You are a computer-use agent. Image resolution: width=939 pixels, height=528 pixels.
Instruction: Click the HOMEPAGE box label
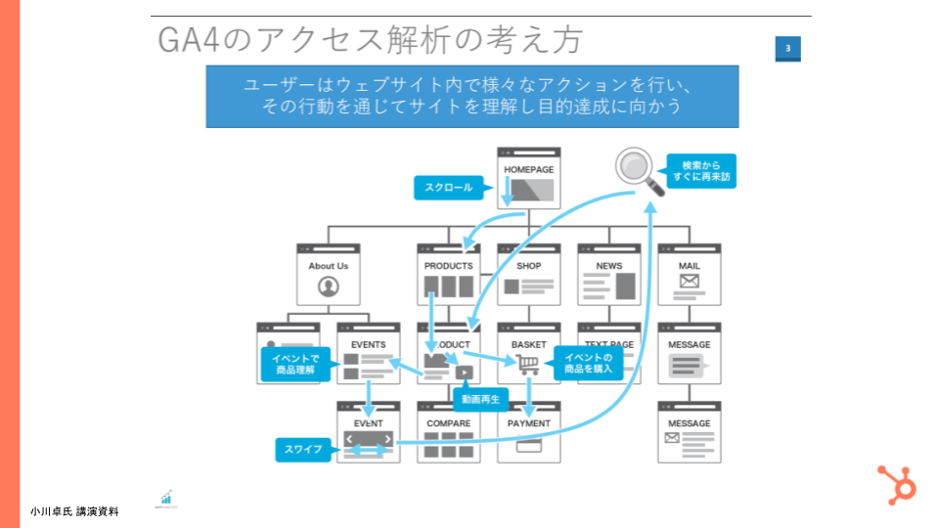pyautogui.click(x=529, y=169)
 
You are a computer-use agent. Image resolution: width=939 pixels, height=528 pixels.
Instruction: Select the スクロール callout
pyautogui.click(x=449, y=187)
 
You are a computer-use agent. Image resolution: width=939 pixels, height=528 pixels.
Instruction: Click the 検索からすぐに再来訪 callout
pyautogui.click(x=701, y=171)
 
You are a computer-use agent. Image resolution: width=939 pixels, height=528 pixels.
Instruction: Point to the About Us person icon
pyautogui.click(x=328, y=286)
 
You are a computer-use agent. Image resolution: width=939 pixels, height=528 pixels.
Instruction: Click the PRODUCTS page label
pyautogui.click(x=448, y=266)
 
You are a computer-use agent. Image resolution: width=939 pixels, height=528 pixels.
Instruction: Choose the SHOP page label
pyautogui.click(x=529, y=266)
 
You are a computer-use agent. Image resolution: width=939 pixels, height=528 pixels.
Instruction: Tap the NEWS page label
pyautogui.click(x=609, y=266)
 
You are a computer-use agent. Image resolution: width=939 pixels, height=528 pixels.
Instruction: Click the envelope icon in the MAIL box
pyautogui.click(x=690, y=283)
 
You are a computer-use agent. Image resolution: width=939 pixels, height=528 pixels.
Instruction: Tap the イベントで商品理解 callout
pyautogui.click(x=294, y=365)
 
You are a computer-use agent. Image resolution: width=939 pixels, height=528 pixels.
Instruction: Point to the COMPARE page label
pyautogui.click(x=448, y=423)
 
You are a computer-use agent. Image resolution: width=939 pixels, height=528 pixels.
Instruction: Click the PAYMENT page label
pyautogui.click(x=529, y=423)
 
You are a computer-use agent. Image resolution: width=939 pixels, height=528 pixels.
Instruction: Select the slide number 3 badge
pyautogui.click(x=787, y=48)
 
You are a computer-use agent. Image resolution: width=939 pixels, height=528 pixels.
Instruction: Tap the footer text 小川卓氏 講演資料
pyautogui.click(x=74, y=510)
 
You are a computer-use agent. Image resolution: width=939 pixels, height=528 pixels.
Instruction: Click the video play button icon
pyautogui.click(x=464, y=372)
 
